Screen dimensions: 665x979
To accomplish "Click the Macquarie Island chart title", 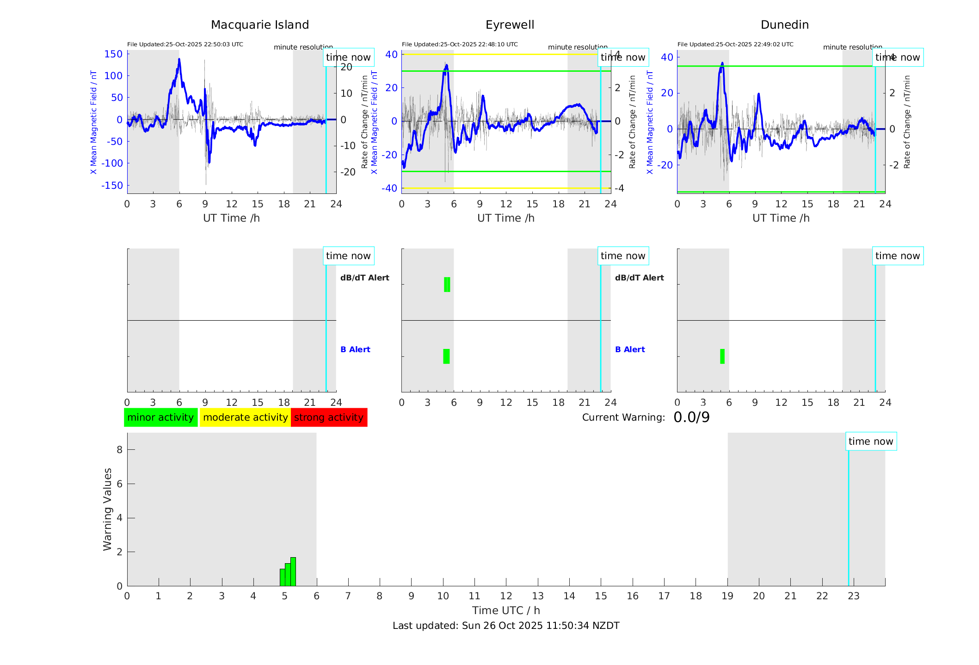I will pyautogui.click(x=259, y=25).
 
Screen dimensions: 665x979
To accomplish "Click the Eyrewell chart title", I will pyautogui.click(x=510, y=25).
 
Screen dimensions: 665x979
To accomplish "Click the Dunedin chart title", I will pyautogui.click(x=784, y=25).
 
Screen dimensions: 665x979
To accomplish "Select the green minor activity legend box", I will pyautogui.click(x=160, y=417).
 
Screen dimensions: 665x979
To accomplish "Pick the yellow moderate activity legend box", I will pyautogui.click(x=245, y=417).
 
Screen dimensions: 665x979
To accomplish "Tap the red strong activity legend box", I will pyautogui.click(x=329, y=417).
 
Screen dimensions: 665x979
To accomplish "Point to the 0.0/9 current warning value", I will pyautogui.click(x=691, y=417).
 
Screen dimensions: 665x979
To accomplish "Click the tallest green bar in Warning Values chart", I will pyautogui.click(x=293, y=572).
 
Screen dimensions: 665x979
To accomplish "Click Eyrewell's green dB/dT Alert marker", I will pyautogui.click(x=447, y=285).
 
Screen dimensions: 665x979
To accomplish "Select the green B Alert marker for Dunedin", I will pyautogui.click(x=722, y=356).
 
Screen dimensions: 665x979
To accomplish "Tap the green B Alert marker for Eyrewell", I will pyautogui.click(x=446, y=356).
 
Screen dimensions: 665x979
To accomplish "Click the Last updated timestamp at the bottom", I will pyautogui.click(x=506, y=626).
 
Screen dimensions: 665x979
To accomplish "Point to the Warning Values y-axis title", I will pyautogui.click(x=108, y=509).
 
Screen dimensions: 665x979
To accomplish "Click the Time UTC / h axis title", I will pyautogui.click(x=506, y=610).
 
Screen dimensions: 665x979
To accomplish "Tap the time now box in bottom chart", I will pyautogui.click(x=871, y=441).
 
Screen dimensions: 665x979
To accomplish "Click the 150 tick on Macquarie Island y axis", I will pyautogui.click(x=113, y=54).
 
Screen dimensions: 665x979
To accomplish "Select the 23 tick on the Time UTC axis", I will pyautogui.click(x=854, y=596).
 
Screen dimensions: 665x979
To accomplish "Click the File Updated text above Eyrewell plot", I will pyautogui.click(x=460, y=44).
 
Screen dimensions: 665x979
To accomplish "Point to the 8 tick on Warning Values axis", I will pyautogui.click(x=120, y=449).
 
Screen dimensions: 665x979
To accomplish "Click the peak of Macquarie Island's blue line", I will pyautogui.click(x=179, y=59).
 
